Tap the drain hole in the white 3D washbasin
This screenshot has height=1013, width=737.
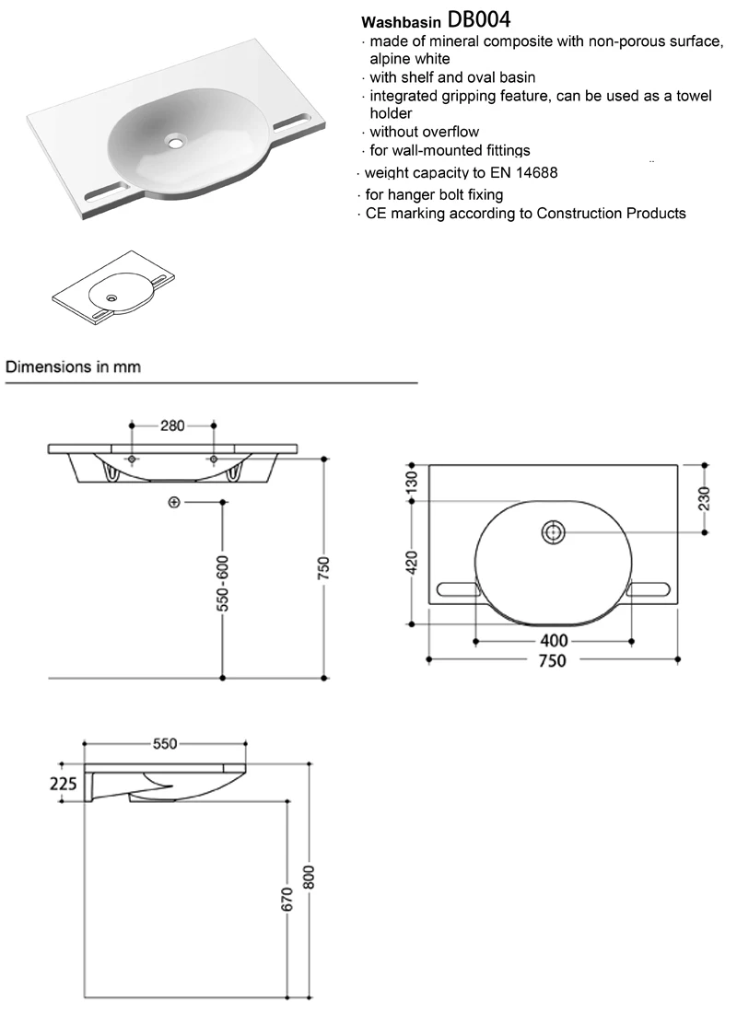(174, 142)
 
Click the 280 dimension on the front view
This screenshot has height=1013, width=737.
(173, 425)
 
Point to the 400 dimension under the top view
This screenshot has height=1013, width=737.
(554, 640)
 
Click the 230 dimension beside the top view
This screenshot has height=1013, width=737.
(705, 497)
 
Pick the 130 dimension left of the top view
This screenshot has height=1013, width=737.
(411, 481)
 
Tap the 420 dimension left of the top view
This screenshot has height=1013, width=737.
(411, 560)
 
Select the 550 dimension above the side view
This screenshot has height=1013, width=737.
(165, 744)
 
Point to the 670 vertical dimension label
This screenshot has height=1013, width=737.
(287, 900)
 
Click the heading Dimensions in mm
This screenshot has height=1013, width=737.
(74, 366)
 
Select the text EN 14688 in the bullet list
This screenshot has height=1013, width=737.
(527, 172)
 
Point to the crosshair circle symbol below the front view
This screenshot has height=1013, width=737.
(174, 502)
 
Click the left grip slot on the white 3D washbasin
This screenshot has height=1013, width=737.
(106, 192)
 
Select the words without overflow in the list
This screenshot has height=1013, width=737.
(425, 132)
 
